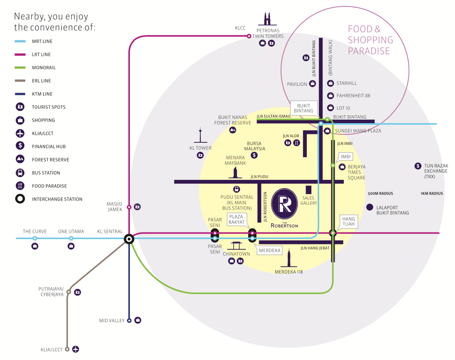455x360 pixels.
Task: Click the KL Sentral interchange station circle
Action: tap(129, 239)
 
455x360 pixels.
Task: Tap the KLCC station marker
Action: tap(249, 36)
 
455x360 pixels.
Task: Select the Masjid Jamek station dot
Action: tap(129, 207)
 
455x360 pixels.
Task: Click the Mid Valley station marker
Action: tap(129, 320)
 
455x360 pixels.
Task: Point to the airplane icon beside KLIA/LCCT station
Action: tap(75, 349)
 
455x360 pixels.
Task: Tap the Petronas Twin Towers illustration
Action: tap(267, 19)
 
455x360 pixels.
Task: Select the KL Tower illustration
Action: tap(200, 136)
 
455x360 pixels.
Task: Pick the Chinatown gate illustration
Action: tap(236, 246)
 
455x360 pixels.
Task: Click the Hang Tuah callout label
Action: tap(348, 221)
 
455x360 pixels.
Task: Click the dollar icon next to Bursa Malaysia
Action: tap(254, 155)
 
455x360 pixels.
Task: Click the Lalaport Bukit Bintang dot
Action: tap(369, 207)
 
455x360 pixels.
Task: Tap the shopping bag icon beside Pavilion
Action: tap(313, 84)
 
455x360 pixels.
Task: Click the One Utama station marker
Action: tap(71, 238)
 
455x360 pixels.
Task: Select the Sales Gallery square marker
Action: tap(308, 190)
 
